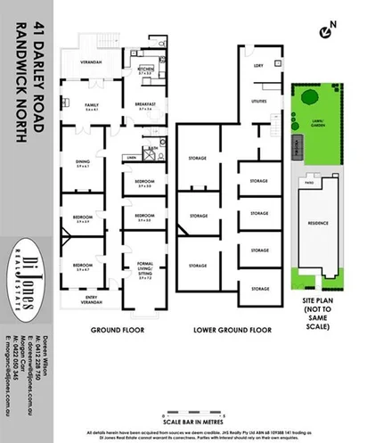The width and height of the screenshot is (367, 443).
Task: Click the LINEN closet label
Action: click(131, 158)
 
